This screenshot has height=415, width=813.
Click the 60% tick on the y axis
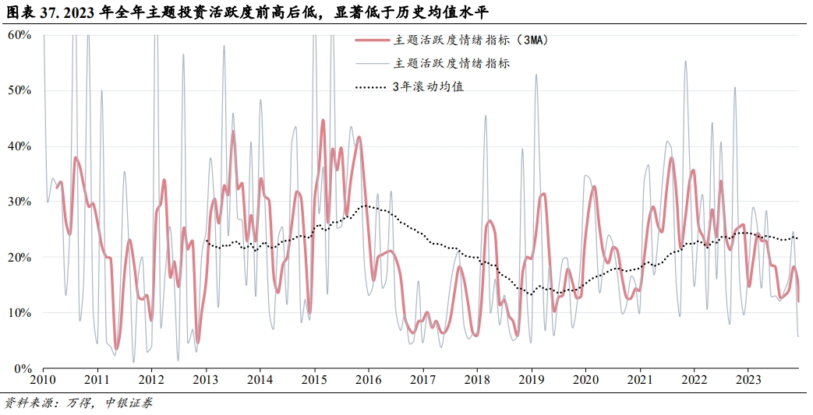click(19, 35)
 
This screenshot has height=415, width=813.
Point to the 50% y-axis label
click(19, 90)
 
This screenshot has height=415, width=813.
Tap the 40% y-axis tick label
click(19, 146)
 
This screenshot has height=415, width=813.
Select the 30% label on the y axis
click(19, 202)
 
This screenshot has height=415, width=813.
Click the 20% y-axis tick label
click(19, 257)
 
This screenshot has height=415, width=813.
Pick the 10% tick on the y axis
click(19, 313)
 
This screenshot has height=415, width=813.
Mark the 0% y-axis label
click(23, 368)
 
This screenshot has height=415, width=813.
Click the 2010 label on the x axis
click(43, 382)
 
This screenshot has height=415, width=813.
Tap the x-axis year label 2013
click(206, 382)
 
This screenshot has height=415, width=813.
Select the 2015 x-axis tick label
click(314, 382)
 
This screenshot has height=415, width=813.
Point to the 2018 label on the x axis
click(477, 382)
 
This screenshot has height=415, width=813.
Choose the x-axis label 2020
click(585, 382)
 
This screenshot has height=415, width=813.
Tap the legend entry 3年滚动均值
click(429, 86)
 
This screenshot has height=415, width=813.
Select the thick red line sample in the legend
click(370, 40)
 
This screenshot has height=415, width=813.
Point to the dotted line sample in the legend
click(370, 86)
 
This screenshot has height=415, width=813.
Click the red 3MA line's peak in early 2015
click(323, 121)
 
